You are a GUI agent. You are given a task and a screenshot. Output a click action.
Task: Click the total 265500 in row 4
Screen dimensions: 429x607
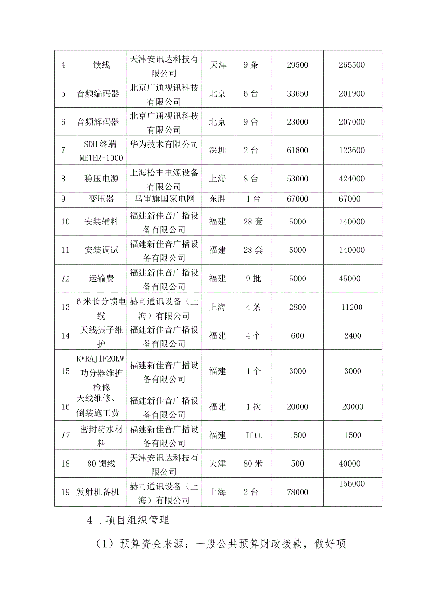[352, 65]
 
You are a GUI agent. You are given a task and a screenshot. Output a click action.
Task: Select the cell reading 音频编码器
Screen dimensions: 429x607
[98, 93]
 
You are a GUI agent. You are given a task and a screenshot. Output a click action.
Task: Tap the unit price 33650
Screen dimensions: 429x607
[298, 93]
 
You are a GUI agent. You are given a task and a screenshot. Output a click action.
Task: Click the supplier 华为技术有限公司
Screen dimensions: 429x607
[164, 144]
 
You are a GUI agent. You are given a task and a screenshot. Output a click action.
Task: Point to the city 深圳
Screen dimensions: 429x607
[217, 150]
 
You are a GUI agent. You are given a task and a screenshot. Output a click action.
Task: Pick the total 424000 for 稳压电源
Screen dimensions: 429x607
[352, 179]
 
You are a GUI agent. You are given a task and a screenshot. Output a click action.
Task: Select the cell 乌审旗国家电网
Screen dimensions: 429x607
[164, 199]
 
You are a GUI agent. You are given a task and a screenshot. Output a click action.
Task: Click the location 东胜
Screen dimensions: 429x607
[217, 199]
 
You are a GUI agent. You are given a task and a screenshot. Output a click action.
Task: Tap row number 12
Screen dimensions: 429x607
[65, 279]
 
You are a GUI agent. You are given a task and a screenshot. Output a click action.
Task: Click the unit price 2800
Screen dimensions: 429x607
[298, 307]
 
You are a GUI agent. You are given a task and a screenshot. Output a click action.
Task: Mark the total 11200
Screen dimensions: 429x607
[352, 307]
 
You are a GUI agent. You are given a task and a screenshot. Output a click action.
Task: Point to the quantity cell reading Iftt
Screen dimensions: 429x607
[254, 435]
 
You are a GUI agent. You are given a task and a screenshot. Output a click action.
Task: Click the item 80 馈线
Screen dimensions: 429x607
[98, 464]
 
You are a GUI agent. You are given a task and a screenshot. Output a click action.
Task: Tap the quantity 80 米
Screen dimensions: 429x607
[253, 464]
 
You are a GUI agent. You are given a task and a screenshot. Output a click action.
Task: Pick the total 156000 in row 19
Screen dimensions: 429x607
[352, 484]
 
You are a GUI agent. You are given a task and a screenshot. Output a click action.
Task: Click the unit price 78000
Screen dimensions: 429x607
[298, 492]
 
